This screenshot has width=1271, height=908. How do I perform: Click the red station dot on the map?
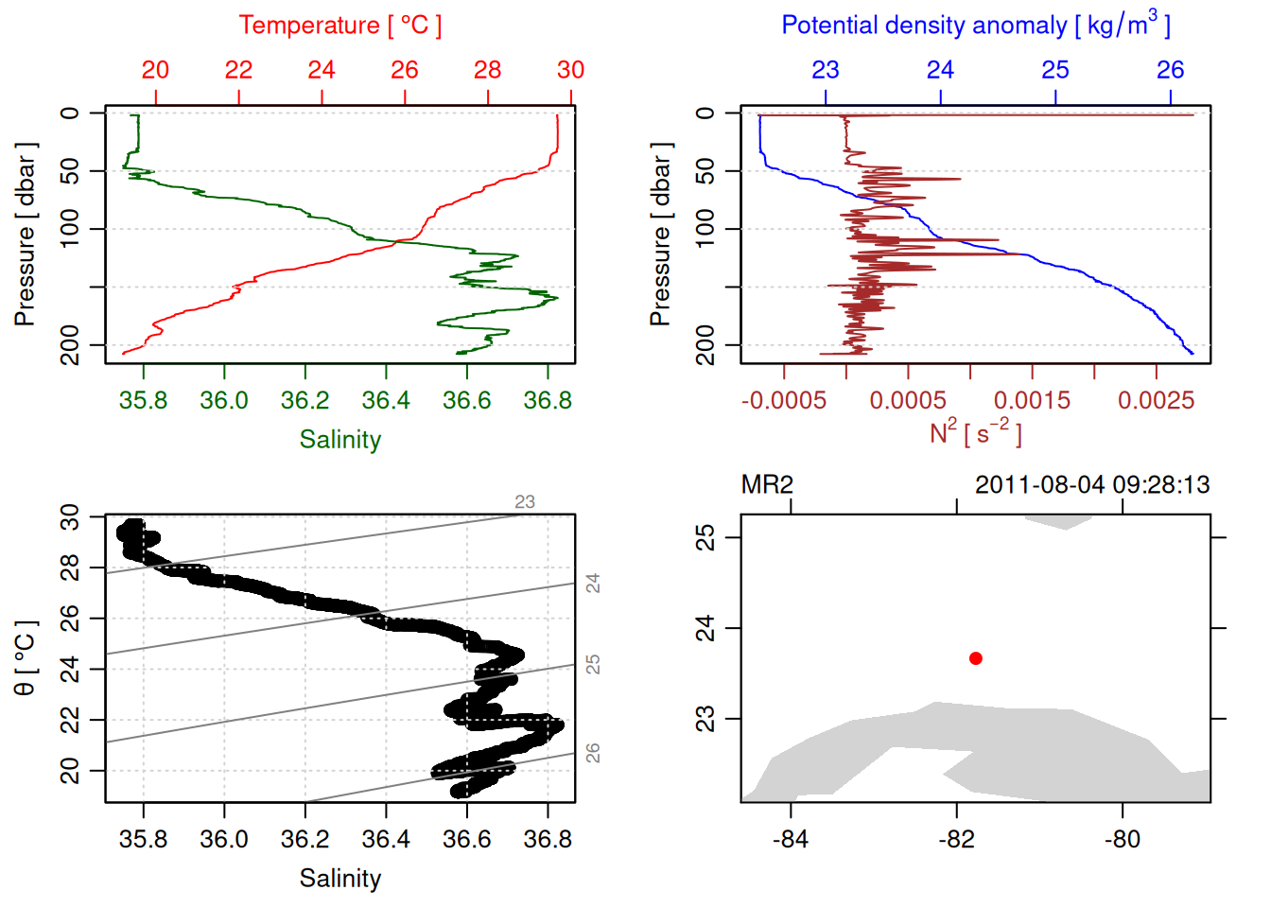pos(975,658)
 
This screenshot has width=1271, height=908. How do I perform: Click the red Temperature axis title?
pos(340,26)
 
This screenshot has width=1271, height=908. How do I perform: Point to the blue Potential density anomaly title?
pos(975,26)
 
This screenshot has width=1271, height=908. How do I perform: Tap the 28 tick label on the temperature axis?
pos(488,70)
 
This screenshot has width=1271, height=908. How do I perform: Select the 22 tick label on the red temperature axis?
pos(238,70)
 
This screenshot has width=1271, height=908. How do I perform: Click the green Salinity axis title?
pos(340,440)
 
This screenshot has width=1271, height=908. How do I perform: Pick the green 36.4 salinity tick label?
pos(386,401)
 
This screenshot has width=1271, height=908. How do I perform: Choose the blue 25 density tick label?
pos(1055,70)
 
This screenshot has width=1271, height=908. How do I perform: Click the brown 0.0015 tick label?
pos(1032,401)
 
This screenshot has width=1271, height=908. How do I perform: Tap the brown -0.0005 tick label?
pos(784,401)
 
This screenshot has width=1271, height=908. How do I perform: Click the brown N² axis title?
pos(975,433)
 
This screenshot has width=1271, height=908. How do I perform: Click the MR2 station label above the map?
pos(767,485)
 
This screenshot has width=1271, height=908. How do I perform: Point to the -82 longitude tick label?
pos(956,840)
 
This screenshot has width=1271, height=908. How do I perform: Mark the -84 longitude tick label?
pos(790,840)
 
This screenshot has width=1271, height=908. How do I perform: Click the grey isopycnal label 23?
pos(525,502)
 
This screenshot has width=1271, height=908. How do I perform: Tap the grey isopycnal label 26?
pos(593,753)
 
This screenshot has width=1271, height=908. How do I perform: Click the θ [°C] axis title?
pos(26,658)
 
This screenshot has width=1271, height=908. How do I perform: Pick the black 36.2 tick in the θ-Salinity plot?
pos(305,840)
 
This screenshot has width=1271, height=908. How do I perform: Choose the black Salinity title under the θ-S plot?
pos(340,879)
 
